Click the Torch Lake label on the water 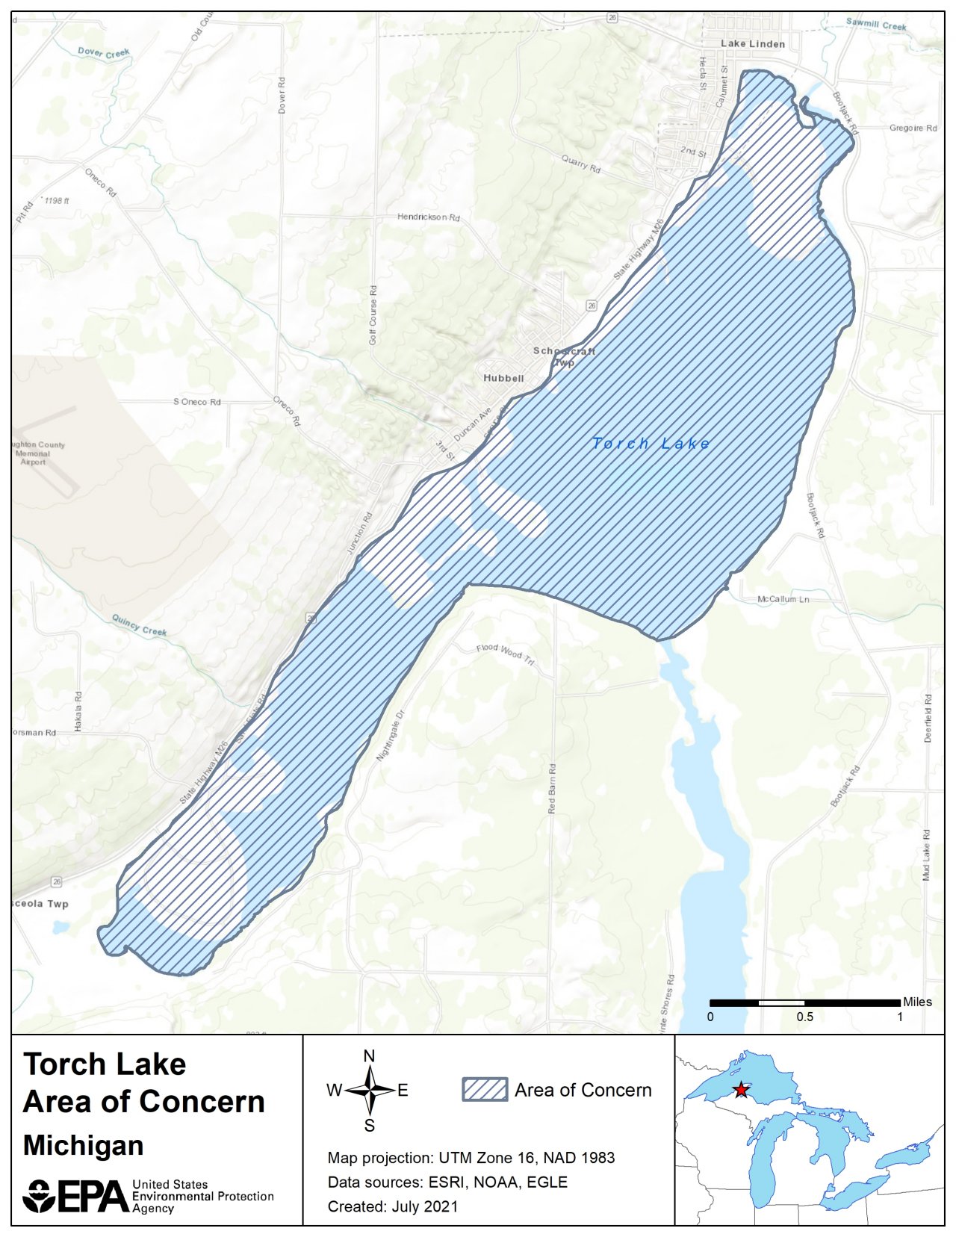click(x=651, y=444)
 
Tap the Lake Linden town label click(x=752, y=44)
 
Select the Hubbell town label click(x=503, y=378)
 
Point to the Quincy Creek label click(x=140, y=625)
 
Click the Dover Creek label click(x=104, y=53)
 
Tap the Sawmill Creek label click(x=876, y=25)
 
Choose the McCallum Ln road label click(x=783, y=600)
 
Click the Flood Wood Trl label click(x=506, y=654)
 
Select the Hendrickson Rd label click(x=428, y=217)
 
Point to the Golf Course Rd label click(x=373, y=314)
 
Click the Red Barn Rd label click(x=552, y=788)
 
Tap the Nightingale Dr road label click(x=390, y=736)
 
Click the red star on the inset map click(x=740, y=1090)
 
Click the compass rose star click(x=369, y=1091)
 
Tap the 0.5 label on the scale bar click(x=804, y=1017)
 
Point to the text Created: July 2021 click(x=393, y=1206)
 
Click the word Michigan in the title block click(x=83, y=1146)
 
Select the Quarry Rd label click(x=581, y=164)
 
